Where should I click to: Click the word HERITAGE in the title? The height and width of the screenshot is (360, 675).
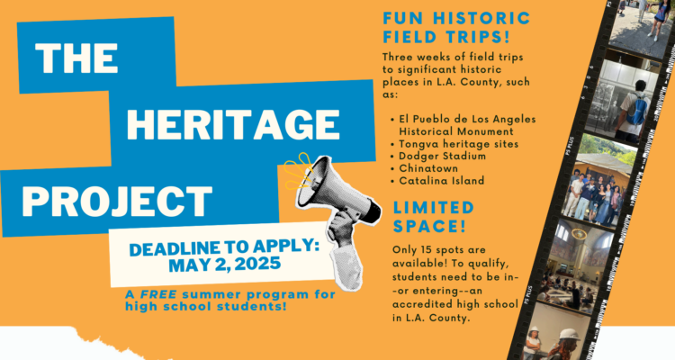233,125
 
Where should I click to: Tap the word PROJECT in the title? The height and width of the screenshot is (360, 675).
117,201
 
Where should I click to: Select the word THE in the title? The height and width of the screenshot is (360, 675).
76,58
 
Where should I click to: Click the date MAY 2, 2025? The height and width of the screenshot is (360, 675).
224,264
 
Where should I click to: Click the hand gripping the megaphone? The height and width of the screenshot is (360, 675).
341,229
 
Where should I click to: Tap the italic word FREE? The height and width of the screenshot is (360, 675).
158,294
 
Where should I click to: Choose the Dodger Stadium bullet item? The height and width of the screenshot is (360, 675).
442,156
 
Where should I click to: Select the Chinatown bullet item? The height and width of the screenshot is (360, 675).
428,168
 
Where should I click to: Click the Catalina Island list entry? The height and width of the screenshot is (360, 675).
441,180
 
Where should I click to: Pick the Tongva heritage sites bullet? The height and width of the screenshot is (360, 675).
458,144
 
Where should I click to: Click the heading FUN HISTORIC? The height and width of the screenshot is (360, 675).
456,19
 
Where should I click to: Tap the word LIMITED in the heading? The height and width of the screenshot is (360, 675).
434,208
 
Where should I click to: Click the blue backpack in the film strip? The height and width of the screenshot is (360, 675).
636,110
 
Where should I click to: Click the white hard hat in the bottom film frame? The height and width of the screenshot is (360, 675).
569,335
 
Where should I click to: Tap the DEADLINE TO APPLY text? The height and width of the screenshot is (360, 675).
224,247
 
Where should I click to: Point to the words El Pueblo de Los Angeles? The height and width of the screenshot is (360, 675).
467,119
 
